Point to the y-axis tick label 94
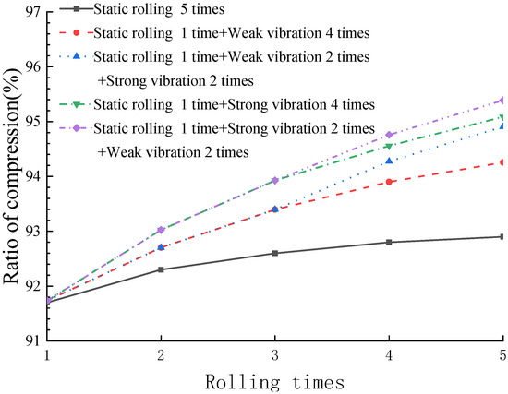click(30, 176)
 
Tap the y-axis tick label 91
click(30, 340)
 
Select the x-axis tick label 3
click(275, 355)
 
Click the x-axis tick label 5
click(502, 355)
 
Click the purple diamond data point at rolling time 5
click(502, 100)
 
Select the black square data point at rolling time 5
click(502, 236)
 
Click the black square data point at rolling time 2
click(162, 269)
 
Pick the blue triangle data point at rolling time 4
click(389, 161)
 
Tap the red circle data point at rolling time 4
click(389, 182)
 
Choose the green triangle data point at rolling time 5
click(502, 117)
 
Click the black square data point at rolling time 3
click(275, 253)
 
